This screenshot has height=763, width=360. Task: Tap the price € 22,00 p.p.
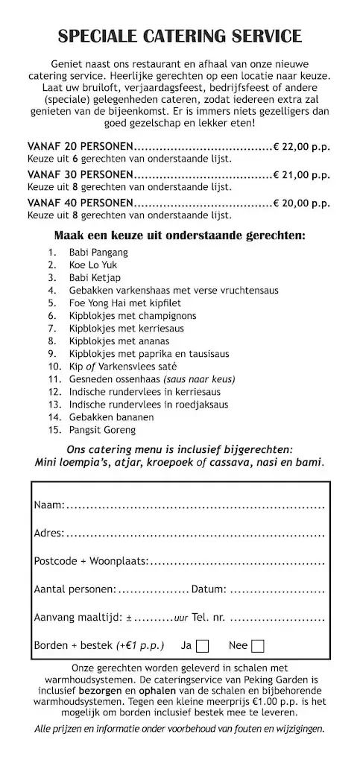coord(301,146)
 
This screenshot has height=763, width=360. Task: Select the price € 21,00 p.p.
coord(301,174)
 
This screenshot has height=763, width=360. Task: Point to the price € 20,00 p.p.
coord(301,203)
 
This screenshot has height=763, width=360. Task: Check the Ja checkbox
coord(202,646)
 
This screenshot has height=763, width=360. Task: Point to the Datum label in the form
coord(209,589)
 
